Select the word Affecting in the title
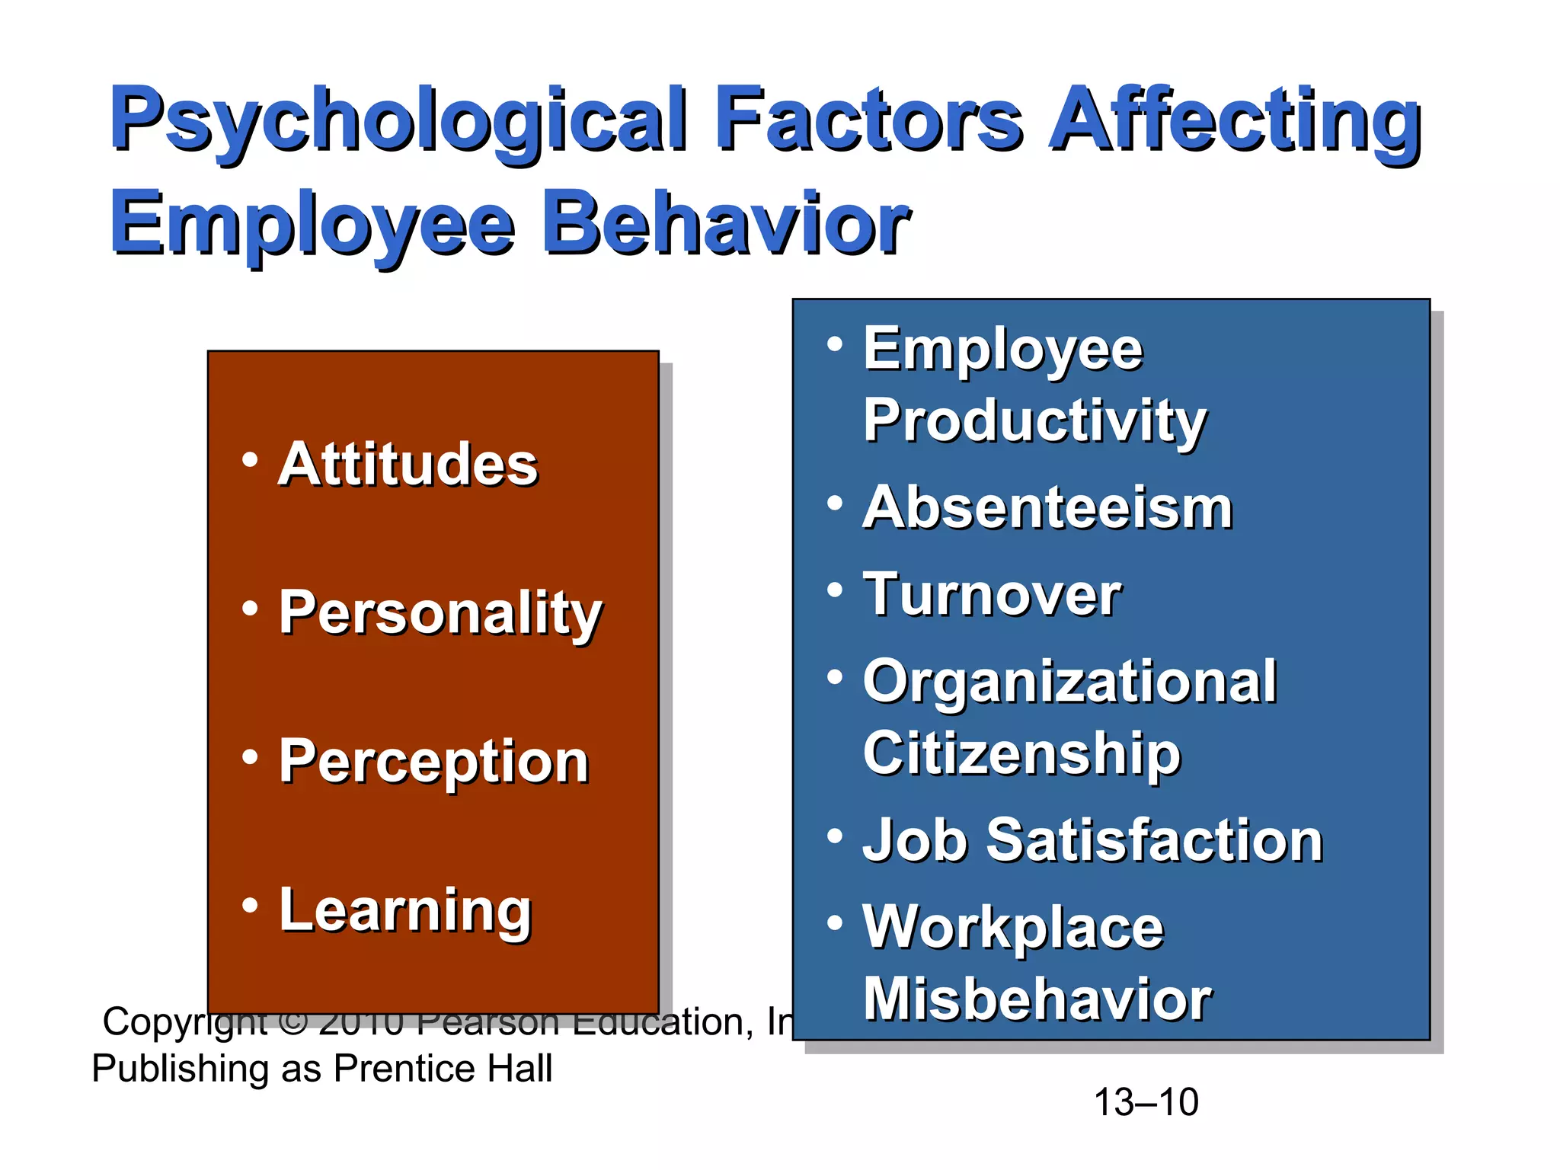[x=1234, y=120]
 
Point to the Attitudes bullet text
[x=408, y=464]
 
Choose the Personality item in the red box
[x=440, y=613]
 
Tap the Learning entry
[x=405, y=910]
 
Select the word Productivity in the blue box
[x=1034, y=421]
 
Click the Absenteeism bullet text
[x=1048, y=507]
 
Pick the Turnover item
[x=993, y=594]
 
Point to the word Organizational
[x=1069, y=682]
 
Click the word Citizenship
[x=1021, y=754]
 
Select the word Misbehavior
[x=1037, y=999]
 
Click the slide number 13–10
[x=1146, y=1102]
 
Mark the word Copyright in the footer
[x=185, y=1022]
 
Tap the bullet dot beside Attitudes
[x=250, y=459]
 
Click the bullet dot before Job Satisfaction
[x=835, y=836]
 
